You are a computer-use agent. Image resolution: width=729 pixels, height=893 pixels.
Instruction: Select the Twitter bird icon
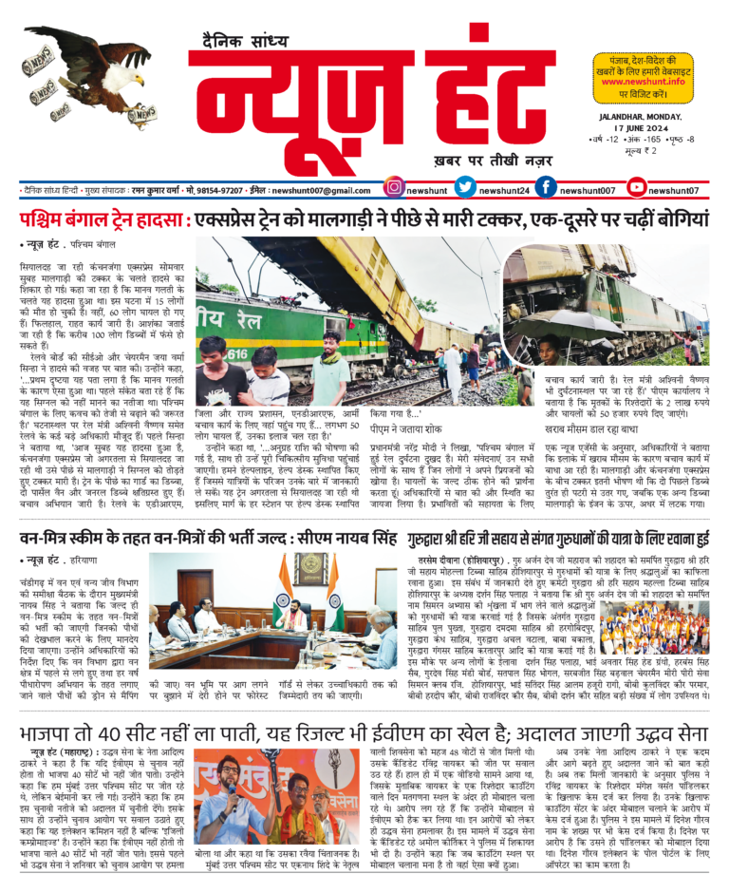tap(464, 189)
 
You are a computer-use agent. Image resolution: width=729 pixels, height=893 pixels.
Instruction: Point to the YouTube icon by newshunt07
tap(637, 189)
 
